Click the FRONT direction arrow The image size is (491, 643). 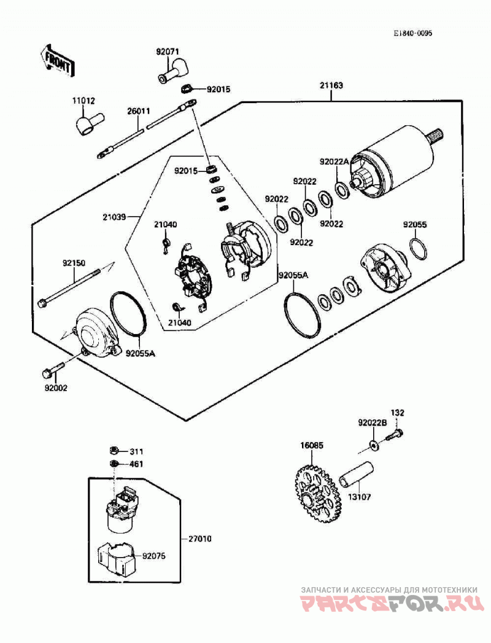click(x=57, y=60)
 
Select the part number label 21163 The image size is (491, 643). click(x=331, y=86)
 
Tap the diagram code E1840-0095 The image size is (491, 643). click(x=412, y=33)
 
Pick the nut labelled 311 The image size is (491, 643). click(x=114, y=450)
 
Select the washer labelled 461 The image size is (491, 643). click(x=114, y=464)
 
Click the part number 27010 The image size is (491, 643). click(x=200, y=539)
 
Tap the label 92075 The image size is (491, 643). click(x=154, y=556)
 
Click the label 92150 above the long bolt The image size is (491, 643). click(x=74, y=263)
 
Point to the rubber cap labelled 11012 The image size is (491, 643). click(x=90, y=123)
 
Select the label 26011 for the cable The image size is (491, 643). click(x=139, y=111)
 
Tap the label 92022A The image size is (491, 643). click(x=334, y=162)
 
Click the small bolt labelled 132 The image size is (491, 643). click(x=395, y=435)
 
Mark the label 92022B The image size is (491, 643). click(x=373, y=423)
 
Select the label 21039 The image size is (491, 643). click(x=114, y=217)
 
